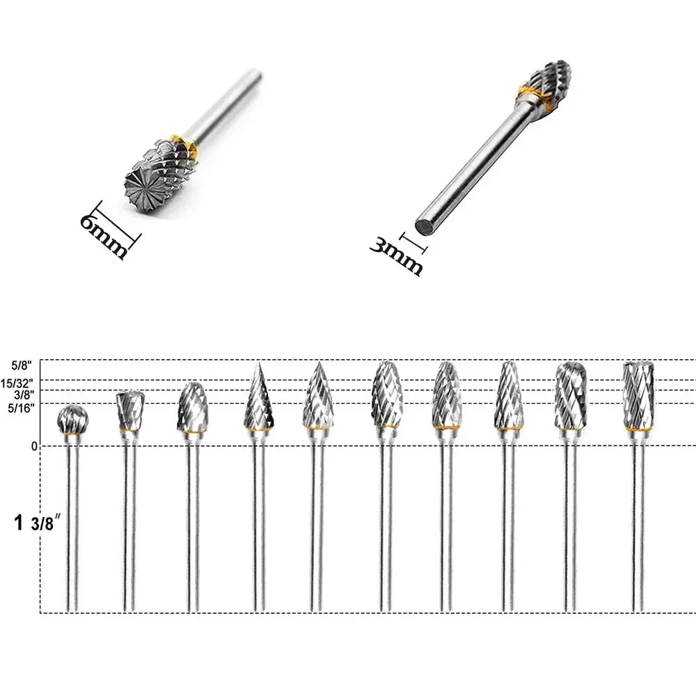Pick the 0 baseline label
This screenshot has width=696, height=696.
33,445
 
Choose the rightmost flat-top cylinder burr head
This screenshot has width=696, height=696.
638,395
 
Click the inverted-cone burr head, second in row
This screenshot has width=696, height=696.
129,411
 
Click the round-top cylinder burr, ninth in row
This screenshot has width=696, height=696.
571,395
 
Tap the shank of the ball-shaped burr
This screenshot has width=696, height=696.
72,529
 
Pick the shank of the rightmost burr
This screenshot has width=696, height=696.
638,529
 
